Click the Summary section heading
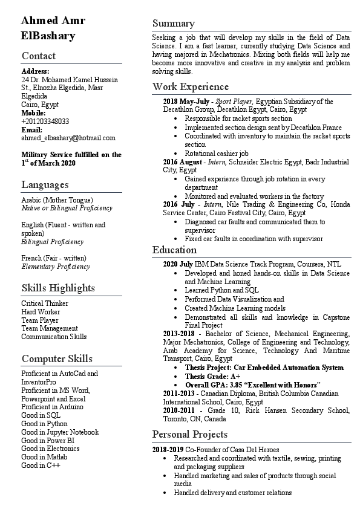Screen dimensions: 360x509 pos(174,24)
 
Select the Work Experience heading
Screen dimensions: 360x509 pos(191,86)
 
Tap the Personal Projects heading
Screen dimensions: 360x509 pos(190,434)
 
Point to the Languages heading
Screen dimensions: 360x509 pos(45,184)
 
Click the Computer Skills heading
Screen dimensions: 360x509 pos(57,358)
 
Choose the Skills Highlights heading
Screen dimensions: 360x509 pos(58,287)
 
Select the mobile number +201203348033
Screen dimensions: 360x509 pos(45,121)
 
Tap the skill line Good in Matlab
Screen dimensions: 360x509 pos(44,457)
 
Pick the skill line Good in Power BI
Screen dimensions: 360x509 pos(47,440)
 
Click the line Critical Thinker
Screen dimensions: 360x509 pos(45,303)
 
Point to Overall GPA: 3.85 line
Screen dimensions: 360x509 pos(252,384)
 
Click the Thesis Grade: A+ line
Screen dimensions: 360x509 pos(212,376)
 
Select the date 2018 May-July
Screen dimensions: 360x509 pos(186,102)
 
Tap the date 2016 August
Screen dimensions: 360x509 pos(183,162)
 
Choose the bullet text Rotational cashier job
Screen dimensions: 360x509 pos(216,154)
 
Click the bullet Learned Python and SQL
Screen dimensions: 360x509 pos(221,290)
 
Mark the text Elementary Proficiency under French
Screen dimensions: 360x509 pos(56,267)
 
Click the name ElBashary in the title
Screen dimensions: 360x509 pos(48,36)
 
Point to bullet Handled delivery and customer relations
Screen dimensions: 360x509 pos(232,493)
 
